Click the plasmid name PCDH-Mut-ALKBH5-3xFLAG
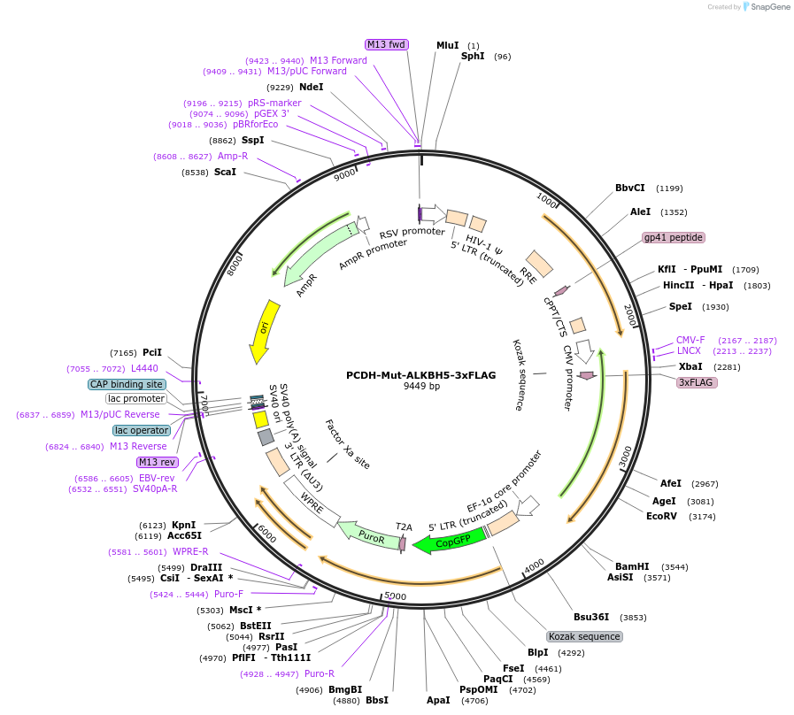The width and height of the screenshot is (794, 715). tap(420, 374)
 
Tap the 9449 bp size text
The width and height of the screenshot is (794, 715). tap(421, 386)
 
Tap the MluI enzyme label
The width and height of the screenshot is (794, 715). tap(447, 45)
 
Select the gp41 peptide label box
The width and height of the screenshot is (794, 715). tap(673, 237)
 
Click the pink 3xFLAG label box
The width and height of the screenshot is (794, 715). tap(697, 382)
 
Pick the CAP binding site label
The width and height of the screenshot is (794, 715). tap(127, 384)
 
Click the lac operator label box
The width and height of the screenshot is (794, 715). tap(142, 430)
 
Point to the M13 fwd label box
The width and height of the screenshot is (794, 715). tap(386, 44)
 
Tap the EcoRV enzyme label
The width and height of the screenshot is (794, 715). tap(661, 516)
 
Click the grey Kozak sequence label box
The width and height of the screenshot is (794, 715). tap(584, 636)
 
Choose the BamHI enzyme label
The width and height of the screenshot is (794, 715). tap(632, 566)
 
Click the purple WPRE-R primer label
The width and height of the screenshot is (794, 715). tap(190, 551)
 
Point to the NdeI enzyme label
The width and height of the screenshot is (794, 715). tap(311, 87)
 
